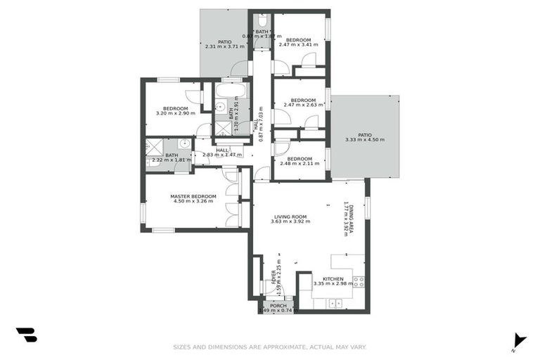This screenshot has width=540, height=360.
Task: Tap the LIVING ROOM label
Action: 290,216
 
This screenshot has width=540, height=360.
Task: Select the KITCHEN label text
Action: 333,279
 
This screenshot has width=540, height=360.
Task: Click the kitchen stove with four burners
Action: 358,282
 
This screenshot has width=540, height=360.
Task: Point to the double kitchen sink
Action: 335,303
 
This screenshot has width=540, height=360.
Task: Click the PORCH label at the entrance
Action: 278,306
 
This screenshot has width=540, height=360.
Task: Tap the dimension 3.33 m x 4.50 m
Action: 364,140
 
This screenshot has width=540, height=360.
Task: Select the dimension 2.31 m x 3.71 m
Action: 224,47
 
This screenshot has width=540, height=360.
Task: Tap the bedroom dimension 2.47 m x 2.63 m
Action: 303,105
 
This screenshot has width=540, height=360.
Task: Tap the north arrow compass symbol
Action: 518,340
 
